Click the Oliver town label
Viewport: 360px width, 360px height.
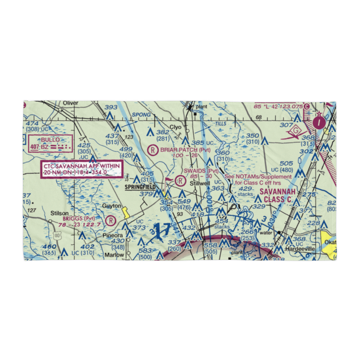pos(70,103)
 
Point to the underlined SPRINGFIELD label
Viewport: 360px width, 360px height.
pos(140,187)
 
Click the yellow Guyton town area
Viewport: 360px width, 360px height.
pos(126,212)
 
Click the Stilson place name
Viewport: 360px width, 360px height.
pos(59,213)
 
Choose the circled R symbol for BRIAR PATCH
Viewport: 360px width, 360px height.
pos(154,149)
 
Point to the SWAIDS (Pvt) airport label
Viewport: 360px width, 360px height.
pos(201,171)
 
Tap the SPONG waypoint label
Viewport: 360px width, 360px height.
pos(141,115)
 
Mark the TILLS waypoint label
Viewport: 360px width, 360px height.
pos(220,124)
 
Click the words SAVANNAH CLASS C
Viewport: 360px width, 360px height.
pos(278,195)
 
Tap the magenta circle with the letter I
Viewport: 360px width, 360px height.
pos(320,123)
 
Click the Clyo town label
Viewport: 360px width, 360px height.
pos(175,127)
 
